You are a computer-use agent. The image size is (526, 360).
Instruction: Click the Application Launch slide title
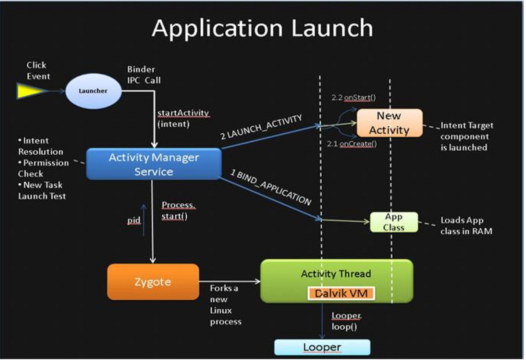click(x=262, y=29)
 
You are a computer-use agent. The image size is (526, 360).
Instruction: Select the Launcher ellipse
click(x=93, y=91)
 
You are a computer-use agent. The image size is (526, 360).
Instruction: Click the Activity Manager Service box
click(x=153, y=164)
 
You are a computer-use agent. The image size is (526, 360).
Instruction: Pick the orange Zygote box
click(x=153, y=282)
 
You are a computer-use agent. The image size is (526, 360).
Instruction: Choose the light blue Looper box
click(x=322, y=347)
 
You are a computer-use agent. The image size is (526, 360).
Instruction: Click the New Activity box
click(x=389, y=123)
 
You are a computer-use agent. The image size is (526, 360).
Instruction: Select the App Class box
click(x=394, y=222)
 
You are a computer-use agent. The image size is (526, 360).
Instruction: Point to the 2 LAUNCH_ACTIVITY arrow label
click(x=261, y=127)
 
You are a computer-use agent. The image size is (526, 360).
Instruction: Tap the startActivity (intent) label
click(x=183, y=118)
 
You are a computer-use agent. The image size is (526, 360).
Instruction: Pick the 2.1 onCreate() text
click(x=352, y=144)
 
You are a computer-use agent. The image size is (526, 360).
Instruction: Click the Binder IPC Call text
click(x=144, y=75)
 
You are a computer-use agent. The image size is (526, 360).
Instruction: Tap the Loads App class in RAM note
click(x=466, y=225)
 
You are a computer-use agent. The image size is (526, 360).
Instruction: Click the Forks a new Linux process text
click(x=226, y=305)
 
